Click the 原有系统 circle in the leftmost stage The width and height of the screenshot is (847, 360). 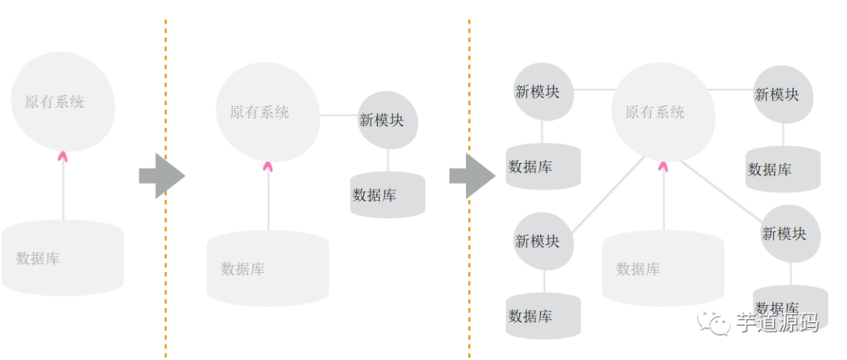click(x=63, y=102)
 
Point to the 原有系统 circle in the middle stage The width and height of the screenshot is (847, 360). click(x=267, y=112)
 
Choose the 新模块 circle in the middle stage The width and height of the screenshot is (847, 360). click(x=387, y=120)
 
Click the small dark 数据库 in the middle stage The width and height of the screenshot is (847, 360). click(x=387, y=195)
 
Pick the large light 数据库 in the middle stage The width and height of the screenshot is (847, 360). click(x=267, y=269)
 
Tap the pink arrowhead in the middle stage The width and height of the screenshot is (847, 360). click(x=268, y=165)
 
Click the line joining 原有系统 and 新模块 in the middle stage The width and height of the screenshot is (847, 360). click(x=339, y=115)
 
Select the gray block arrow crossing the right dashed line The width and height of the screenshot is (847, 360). click(x=471, y=176)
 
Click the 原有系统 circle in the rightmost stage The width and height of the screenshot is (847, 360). click(x=663, y=112)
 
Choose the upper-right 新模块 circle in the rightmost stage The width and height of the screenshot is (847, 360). click(x=782, y=94)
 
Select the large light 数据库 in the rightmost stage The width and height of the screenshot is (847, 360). click(x=663, y=269)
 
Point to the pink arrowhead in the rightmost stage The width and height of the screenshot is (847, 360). click(x=663, y=165)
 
